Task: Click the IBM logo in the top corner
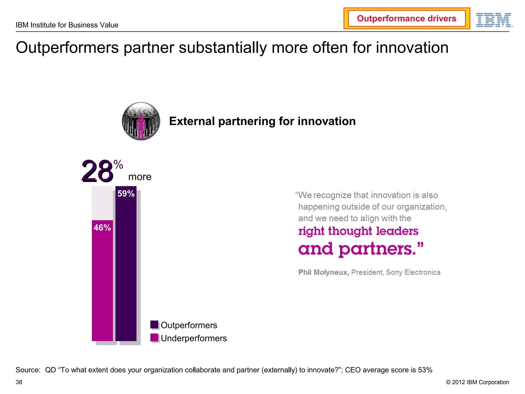coord(494,20)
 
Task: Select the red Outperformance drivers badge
coord(407,18)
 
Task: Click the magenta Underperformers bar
coord(102,282)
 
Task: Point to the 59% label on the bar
coord(126,194)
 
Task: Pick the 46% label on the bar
coord(102,228)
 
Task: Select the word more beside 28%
coord(140,177)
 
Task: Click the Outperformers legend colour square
coord(154,324)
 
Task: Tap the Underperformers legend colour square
coord(154,338)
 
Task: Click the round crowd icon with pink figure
coord(141,121)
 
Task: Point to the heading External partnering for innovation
coord(262,121)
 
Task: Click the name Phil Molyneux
coord(324,272)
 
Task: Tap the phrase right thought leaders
coord(358,231)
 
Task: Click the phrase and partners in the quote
coord(357,249)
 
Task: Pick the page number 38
coord(19,382)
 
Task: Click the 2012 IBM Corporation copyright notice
coord(477,382)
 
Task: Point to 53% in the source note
coord(425,370)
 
